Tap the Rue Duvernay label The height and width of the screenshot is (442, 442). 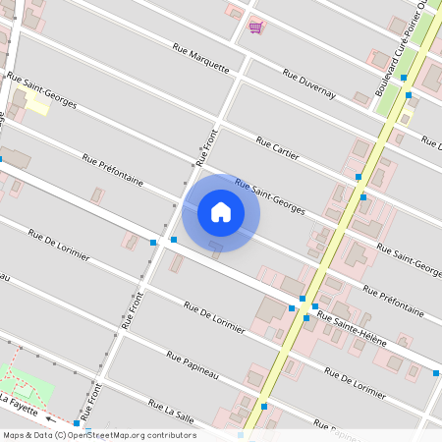click(309, 84)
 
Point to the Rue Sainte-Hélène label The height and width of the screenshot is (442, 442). click(352, 329)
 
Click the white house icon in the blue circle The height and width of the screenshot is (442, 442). click(221, 211)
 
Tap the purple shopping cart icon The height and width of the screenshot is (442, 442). click(255, 27)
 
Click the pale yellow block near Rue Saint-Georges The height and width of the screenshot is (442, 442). click(36, 104)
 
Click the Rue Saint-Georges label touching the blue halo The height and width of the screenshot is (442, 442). click(270, 195)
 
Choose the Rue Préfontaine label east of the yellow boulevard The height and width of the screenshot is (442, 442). click(393, 301)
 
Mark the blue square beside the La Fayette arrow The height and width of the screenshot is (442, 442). click(77, 423)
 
